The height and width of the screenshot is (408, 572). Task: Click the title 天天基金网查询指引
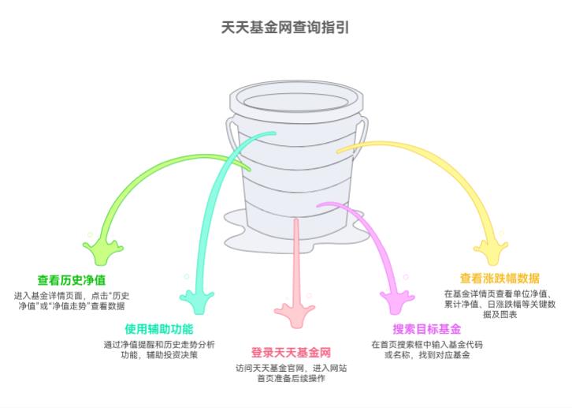coord(285,27)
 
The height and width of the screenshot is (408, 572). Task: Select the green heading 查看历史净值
coord(72,279)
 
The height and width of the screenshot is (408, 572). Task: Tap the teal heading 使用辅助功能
coord(158,329)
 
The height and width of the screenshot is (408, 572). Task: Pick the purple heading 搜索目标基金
coord(427,329)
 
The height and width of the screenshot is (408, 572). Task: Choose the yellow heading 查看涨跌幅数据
coord(500,278)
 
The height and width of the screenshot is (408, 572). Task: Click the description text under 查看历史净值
coord(72,300)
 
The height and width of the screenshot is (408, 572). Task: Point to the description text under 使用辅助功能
coord(158,350)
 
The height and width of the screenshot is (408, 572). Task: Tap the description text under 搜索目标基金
coord(427,350)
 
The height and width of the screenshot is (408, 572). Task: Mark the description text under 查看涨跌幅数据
coord(500,303)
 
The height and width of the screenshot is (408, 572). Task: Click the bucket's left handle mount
coord(232,126)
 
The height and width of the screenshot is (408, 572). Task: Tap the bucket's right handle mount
coord(361,126)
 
